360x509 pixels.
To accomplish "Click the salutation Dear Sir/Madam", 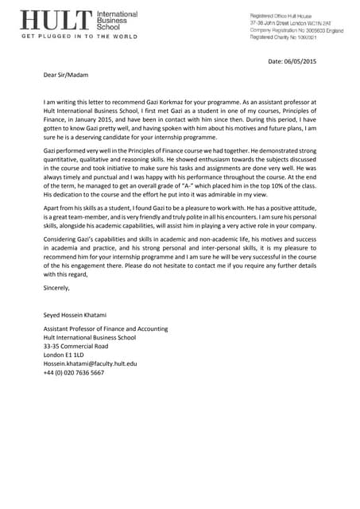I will click(x=66, y=75).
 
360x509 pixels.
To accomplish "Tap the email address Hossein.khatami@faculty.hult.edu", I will click(x=90, y=363).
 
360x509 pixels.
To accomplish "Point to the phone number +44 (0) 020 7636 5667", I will click(x=74, y=372).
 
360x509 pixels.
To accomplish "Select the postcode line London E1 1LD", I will click(x=64, y=355).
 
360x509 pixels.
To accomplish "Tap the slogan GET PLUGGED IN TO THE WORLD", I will click(x=74, y=37).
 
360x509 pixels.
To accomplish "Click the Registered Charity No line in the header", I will click(x=284, y=37).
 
